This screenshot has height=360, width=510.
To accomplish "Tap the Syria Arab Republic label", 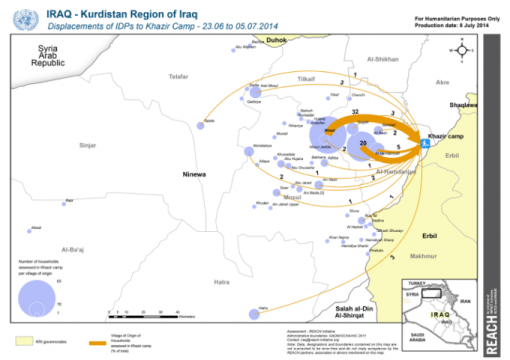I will pyautogui.click(x=47, y=57).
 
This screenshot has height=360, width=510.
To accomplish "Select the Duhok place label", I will pyautogui.click(x=276, y=40).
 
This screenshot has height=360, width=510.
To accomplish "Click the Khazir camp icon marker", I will pyautogui.click(x=425, y=145).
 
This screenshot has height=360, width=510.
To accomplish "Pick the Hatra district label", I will pyautogui.click(x=221, y=282).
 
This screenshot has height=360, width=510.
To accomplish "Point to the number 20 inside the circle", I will pyautogui.click(x=362, y=144).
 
